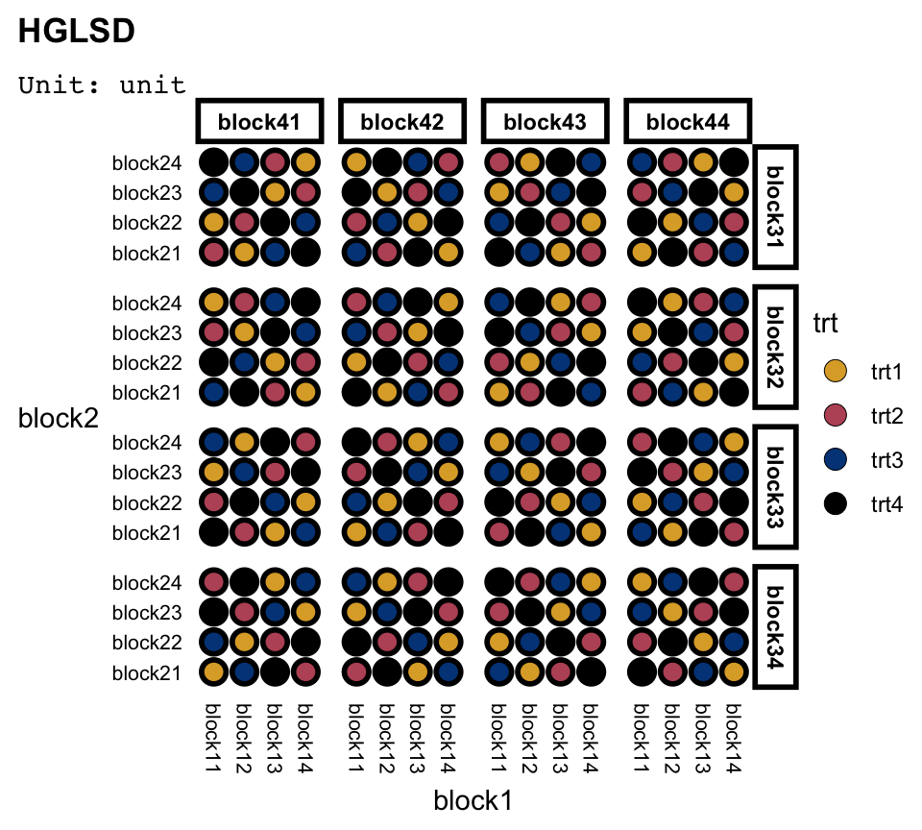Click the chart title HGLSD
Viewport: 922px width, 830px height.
(76, 32)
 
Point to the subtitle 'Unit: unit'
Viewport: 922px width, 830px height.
(102, 85)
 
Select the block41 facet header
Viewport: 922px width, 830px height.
(258, 122)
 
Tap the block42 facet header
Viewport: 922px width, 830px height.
(401, 122)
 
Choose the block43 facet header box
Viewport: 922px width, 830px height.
(545, 122)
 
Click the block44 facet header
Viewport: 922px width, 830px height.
(688, 122)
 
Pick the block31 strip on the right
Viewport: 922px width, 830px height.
(776, 207)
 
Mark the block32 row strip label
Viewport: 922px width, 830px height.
(776, 348)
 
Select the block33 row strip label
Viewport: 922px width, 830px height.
(776, 488)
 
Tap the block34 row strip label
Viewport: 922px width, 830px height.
(776, 627)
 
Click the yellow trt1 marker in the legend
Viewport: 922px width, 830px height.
(837, 370)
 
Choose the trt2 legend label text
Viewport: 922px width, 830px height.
(886, 415)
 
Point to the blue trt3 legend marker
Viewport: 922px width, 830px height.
(837, 459)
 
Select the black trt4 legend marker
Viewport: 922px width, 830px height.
(837, 503)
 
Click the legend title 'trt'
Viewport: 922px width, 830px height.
(825, 324)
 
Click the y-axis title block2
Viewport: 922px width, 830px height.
(59, 418)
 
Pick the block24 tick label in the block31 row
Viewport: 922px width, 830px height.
(147, 163)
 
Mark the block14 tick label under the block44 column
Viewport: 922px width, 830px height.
(733, 738)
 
